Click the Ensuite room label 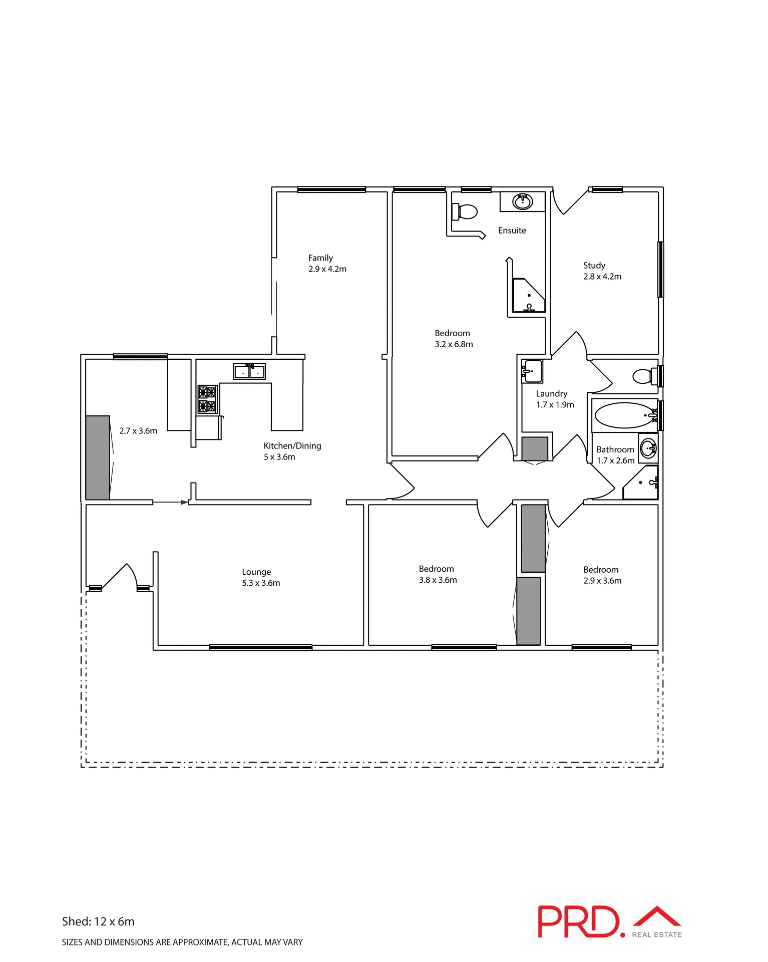(x=512, y=230)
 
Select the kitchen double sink (x=249, y=371)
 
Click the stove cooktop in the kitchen (x=207, y=399)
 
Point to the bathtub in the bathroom (x=624, y=415)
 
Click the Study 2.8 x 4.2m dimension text (x=602, y=277)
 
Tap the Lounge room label (x=256, y=572)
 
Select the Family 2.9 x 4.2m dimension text (x=327, y=269)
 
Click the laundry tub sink (x=532, y=371)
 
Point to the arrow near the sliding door (x=170, y=502)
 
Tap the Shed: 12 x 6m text (x=98, y=921)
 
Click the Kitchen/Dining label (x=292, y=446)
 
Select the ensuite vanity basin (x=522, y=201)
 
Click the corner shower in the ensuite (x=528, y=296)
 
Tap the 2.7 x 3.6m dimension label (x=138, y=431)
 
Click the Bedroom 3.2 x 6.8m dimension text (x=454, y=344)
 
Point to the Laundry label (x=551, y=394)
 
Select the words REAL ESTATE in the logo (x=656, y=934)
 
